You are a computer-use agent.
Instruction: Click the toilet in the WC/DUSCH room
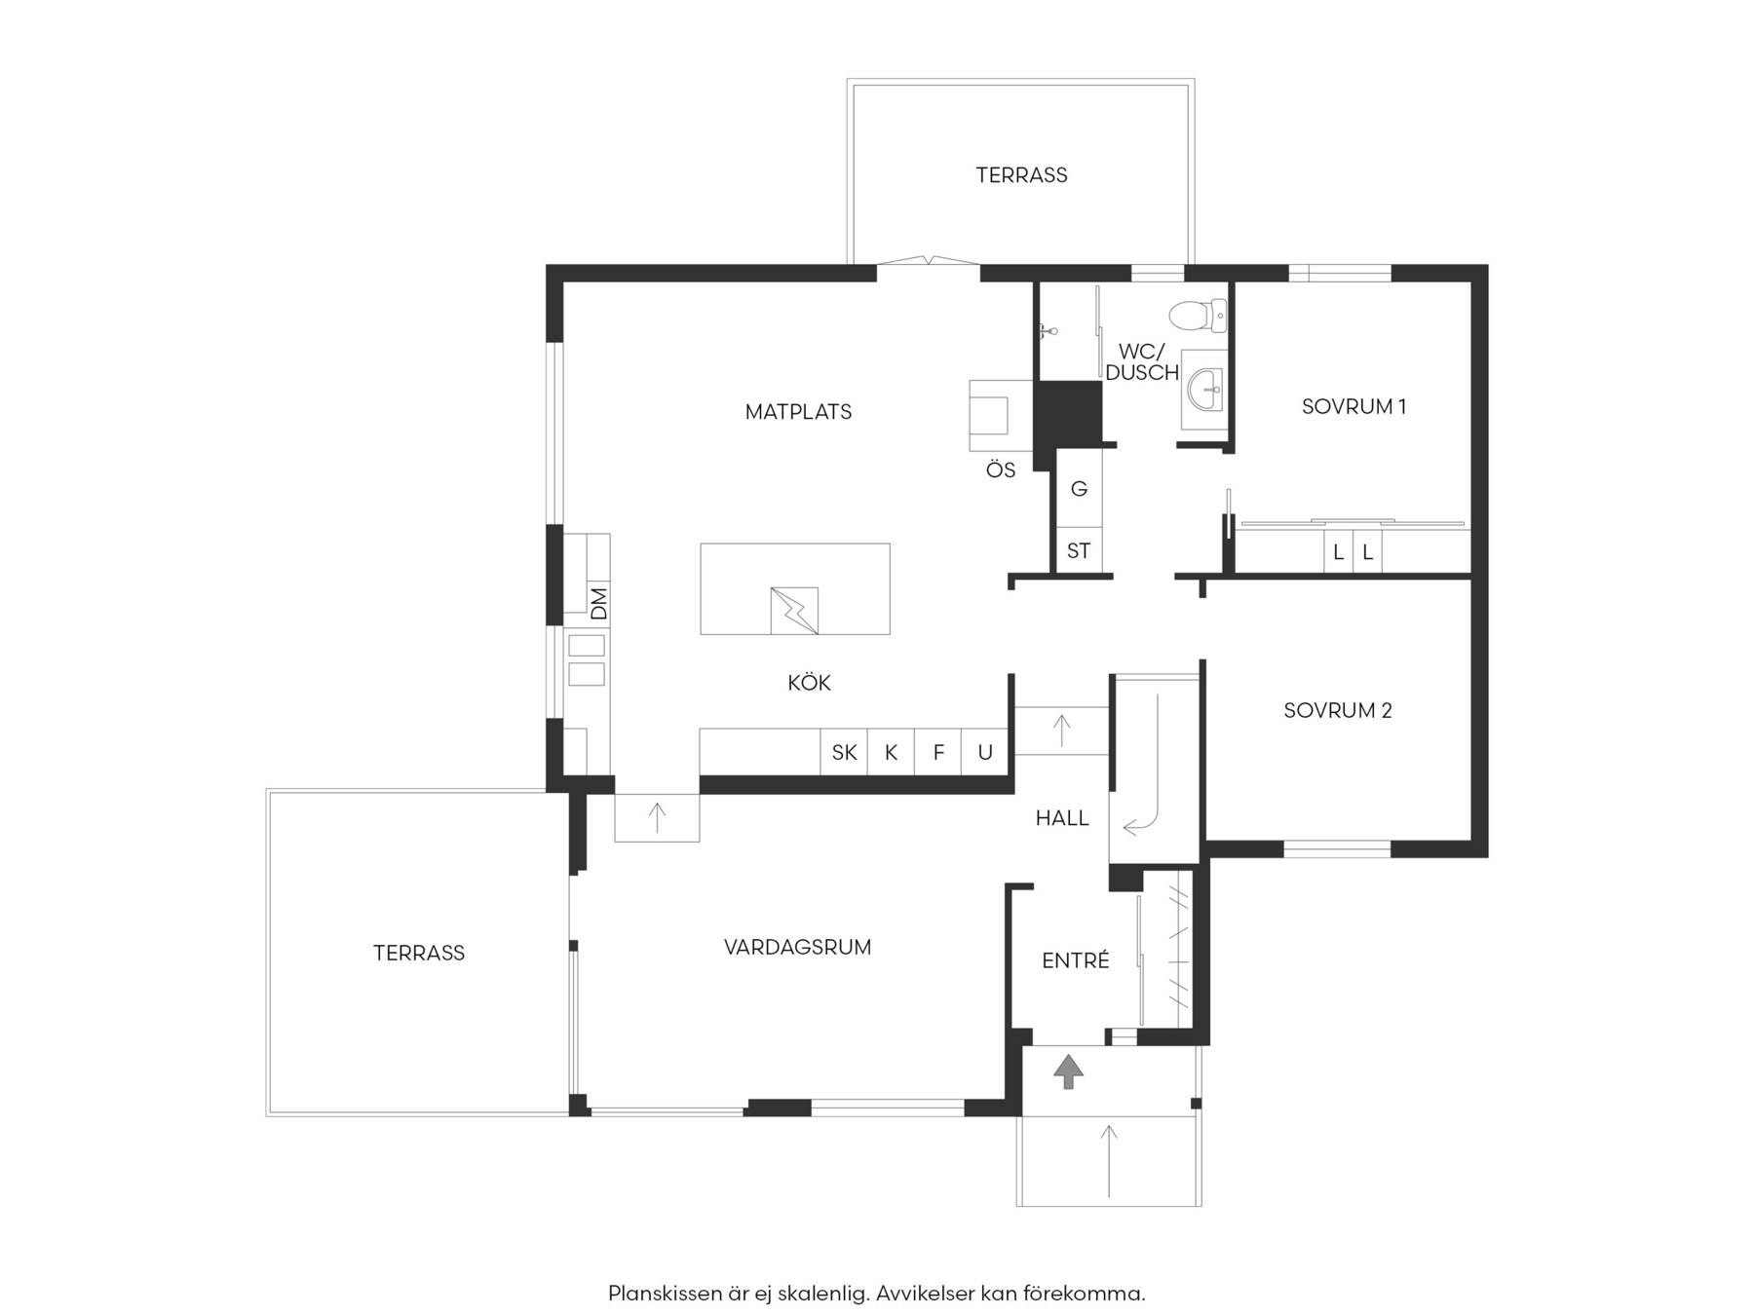[1198, 315]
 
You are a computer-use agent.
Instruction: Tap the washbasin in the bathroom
[1204, 390]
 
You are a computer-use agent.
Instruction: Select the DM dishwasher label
[598, 603]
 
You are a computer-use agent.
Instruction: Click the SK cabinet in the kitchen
[844, 752]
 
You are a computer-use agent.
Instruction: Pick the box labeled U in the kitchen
[985, 752]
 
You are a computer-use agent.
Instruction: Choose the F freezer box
[938, 752]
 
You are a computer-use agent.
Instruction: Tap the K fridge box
[891, 752]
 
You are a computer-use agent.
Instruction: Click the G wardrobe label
[1079, 489]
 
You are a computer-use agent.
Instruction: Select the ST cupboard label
[1079, 551]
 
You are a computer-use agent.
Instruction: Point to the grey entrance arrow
[1069, 1071]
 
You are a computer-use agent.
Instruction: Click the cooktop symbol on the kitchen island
[794, 611]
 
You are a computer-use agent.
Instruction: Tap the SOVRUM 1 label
[1354, 407]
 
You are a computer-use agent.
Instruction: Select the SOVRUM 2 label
[1338, 711]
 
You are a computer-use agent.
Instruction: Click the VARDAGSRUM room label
[797, 947]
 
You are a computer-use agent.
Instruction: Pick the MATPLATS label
[798, 412]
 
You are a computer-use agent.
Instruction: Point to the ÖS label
[1001, 470]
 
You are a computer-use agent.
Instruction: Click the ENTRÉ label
[1076, 960]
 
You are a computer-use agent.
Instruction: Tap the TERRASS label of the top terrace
[1021, 175]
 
